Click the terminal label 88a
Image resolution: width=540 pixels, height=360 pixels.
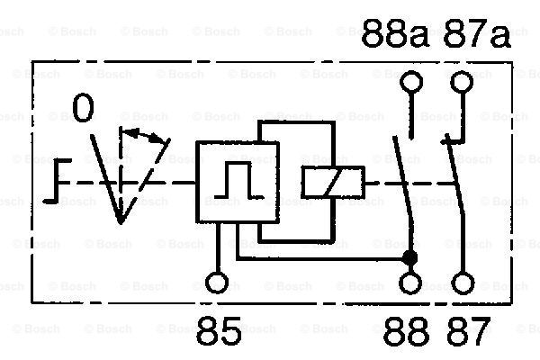395,33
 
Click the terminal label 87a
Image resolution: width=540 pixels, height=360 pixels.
477,33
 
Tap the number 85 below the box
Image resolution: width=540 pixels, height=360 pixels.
219,330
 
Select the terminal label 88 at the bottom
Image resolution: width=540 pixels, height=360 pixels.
407,331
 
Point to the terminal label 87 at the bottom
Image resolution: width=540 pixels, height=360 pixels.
467,331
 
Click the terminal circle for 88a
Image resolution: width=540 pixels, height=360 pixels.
411,82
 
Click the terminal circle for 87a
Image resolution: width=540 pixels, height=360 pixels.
462,82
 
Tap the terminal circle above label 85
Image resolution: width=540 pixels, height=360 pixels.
217,283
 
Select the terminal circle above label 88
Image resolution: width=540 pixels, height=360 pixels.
410,283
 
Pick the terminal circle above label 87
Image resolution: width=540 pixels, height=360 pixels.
463,283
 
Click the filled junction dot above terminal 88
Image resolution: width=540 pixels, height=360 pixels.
409,257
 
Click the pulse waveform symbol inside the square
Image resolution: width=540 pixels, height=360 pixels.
238,180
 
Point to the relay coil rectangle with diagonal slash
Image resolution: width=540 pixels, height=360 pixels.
333,182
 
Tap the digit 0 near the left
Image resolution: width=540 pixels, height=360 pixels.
84,108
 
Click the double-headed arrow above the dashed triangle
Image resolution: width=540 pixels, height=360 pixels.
145,136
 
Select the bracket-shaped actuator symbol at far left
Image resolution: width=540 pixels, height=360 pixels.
58,181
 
